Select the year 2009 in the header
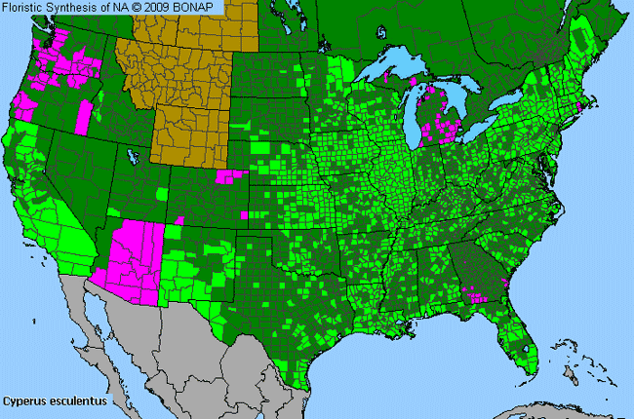[x=160, y=7]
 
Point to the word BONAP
[x=198, y=7]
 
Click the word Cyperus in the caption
[x=23, y=400]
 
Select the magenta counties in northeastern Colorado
[x=232, y=176]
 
